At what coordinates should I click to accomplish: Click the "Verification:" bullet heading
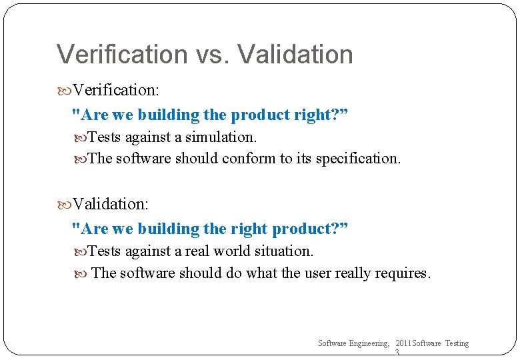point(115,89)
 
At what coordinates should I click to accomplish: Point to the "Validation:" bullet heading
point(110,203)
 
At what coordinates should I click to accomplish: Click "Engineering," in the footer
point(366,343)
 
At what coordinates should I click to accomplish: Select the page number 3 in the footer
point(397,353)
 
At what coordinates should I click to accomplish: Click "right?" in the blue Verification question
point(321,115)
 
